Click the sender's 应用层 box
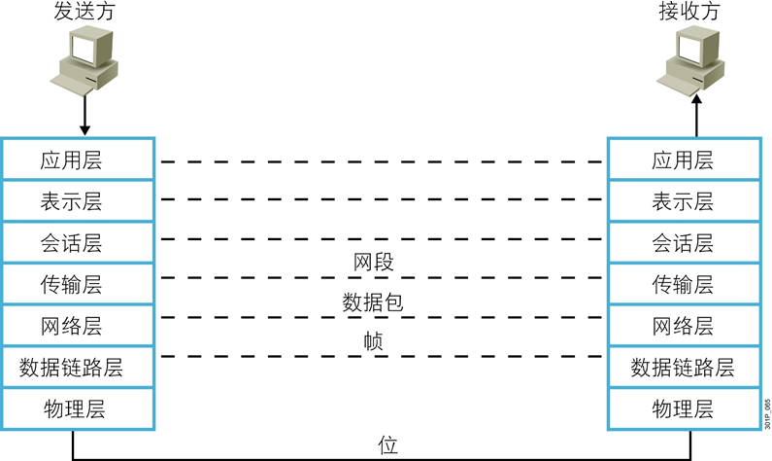[x=78, y=160]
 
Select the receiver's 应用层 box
[x=682, y=160]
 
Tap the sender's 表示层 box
[x=78, y=201]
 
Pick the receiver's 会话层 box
[x=682, y=243]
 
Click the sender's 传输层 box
[x=78, y=285]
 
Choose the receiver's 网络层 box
[x=682, y=326]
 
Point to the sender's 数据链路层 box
[x=78, y=368]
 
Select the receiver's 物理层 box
[x=682, y=408]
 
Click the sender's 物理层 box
[x=78, y=408]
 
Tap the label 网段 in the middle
[x=374, y=262]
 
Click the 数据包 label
[x=373, y=301]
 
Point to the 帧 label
[x=373, y=341]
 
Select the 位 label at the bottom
[x=387, y=445]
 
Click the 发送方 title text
[x=83, y=13]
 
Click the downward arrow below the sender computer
[x=84, y=115]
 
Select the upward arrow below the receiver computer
[x=695, y=115]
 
